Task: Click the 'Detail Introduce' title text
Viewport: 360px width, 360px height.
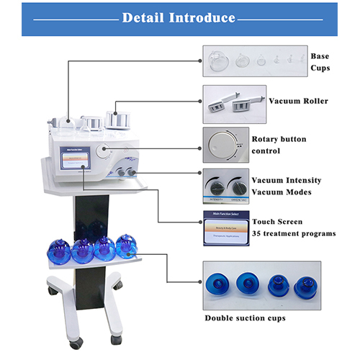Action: coord(179,17)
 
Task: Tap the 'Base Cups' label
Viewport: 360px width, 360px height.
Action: coord(320,62)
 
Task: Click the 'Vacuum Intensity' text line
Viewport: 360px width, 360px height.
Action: coord(286,180)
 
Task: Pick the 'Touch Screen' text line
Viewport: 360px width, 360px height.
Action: coord(277,222)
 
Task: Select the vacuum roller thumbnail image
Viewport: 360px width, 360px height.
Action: coord(234,103)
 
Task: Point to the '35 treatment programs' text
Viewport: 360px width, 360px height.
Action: coord(294,233)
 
